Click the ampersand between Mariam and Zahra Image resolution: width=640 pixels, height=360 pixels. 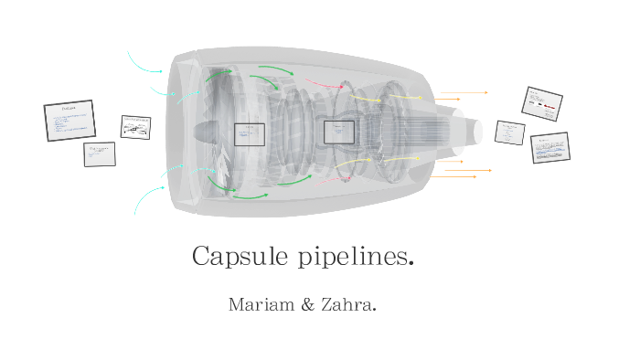click(x=306, y=304)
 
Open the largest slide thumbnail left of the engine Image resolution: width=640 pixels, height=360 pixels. click(x=69, y=121)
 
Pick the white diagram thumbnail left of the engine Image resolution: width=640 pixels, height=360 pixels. click(x=135, y=127)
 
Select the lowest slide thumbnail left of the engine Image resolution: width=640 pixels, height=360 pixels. click(x=100, y=154)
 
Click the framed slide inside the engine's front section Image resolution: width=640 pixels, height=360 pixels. click(x=249, y=134)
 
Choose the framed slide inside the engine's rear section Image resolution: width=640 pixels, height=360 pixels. click(x=338, y=132)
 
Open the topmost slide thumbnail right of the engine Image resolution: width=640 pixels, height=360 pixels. click(x=541, y=103)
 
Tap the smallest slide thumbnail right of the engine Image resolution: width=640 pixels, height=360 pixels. click(x=509, y=132)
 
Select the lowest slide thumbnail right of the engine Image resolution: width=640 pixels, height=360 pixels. click(x=550, y=148)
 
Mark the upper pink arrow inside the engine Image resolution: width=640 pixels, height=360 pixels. click(x=322, y=85)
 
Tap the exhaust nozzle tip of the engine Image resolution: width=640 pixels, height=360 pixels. click(x=476, y=131)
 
